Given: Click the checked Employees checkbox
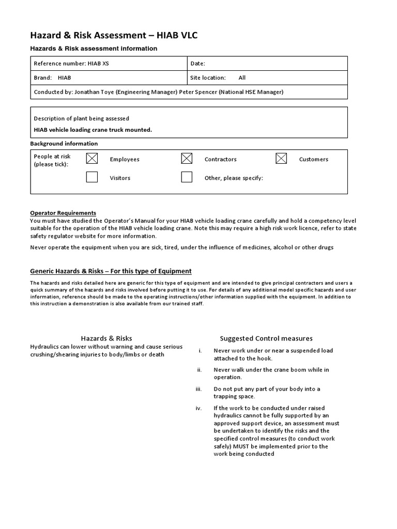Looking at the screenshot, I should pyautogui.click(x=92, y=159).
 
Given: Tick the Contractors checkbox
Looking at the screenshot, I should pyautogui.click(x=187, y=159).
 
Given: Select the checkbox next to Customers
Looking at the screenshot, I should pyautogui.click(x=281, y=159).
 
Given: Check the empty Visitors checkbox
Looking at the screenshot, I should pyautogui.click(x=92, y=177).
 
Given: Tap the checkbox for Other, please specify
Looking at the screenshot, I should pyautogui.click(x=187, y=177).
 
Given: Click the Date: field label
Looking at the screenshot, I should pyautogui.click(x=198, y=64).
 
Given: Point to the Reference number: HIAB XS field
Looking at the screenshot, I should pyautogui.click(x=71, y=64).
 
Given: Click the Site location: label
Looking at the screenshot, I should pyautogui.click(x=208, y=78).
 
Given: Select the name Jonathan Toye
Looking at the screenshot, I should pyautogui.click(x=94, y=92).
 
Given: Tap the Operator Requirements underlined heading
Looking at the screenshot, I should pyautogui.click(x=63, y=213).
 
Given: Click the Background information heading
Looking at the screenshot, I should pyautogui.click(x=64, y=144).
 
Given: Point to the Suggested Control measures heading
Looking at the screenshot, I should pyautogui.click(x=266, y=339).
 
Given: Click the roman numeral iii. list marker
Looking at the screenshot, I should pyautogui.click(x=198, y=389).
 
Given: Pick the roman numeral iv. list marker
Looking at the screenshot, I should pyautogui.click(x=198, y=408).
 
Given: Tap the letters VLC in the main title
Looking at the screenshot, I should pyautogui.click(x=187, y=35).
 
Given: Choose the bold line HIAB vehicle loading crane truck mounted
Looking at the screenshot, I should pyautogui.click(x=93, y=130).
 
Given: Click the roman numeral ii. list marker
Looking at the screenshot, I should pyautogui.click(x=199, y=370).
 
